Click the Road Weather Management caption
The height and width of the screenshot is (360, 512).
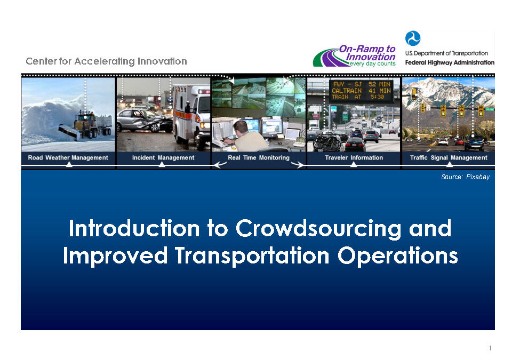(68, 157)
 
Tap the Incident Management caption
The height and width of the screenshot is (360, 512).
(163, 157)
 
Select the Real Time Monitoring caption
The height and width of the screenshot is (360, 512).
(259, 157)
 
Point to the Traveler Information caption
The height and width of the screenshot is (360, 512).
(354, 157)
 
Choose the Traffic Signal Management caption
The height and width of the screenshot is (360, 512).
(449, 157)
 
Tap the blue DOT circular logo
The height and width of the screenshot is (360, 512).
(413, 38)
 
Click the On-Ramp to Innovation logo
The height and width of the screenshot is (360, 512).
(355, 56)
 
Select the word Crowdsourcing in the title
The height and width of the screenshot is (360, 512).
(318, 229)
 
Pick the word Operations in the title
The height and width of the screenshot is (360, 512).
(397, 256)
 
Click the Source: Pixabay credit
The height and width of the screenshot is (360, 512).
(465, 177)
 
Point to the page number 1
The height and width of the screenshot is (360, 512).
(490, 348)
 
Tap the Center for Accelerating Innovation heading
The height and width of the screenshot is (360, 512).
(107, 61)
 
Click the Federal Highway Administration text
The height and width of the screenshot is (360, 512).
(450, 62)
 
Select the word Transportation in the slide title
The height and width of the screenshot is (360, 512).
(252, 256)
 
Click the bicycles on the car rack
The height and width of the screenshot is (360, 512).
(326, 141)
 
